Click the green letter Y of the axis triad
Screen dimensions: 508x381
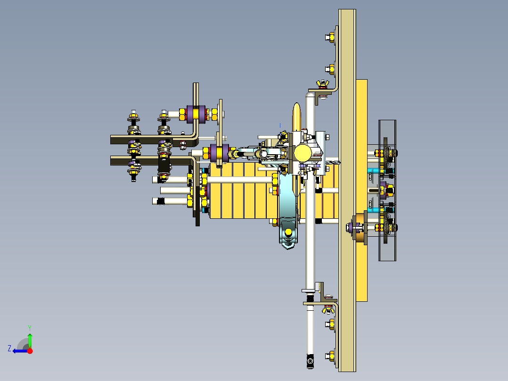pyautogui.click(x=30, y=328)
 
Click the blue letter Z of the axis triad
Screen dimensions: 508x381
pyautogui.click(x=9, y=348)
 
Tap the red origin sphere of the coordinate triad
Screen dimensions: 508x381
pyautogui.click(x=30, y=351)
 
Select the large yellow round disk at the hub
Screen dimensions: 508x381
pyautogui.click(x=303, y=153)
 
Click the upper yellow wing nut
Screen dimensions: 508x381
pyautogui.click(x=323, y=83)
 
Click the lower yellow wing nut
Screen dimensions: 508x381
pyautogui.click(x=328, y=310)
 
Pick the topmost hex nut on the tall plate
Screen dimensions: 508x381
pyautogui.click(x=330, y=37)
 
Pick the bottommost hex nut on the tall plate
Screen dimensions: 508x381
pyautogui.click(x=330, y=356)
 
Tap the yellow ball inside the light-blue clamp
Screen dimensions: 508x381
pyautogui.click(x=288, y=232)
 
